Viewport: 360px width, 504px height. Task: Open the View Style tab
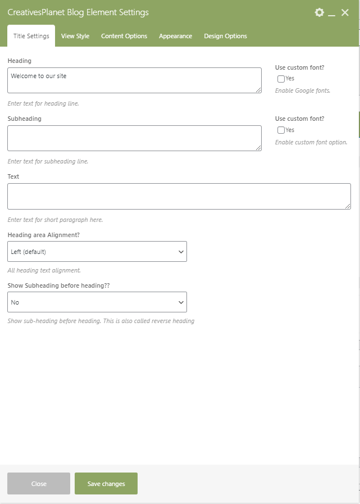(75, 36)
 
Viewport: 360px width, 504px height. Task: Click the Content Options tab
(124, 36)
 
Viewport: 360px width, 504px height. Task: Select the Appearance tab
(175, 36)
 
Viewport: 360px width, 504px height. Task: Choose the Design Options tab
(225, 36)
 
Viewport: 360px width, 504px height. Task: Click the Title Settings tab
(31, 36)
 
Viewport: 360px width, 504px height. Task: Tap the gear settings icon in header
(320, 12)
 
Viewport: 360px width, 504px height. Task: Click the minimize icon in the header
(332, 13)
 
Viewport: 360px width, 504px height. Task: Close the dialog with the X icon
(345, 12)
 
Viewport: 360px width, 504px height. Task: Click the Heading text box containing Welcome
(134, 80)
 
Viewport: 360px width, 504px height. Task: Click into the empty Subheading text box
(134, 138)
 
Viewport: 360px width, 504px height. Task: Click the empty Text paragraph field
(179, 196)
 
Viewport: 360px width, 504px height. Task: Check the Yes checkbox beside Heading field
(281, 79)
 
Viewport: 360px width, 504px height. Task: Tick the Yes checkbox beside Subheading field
(281, 130)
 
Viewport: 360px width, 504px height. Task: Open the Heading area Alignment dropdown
(97, 252)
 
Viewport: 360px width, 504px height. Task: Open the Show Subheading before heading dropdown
(97, 302)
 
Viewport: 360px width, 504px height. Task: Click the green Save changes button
(106, 484)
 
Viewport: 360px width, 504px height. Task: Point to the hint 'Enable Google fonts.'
(302, 90)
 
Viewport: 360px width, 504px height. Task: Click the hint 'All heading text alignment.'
(44, 270)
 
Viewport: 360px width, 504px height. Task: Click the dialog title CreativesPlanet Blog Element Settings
(78, 12)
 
